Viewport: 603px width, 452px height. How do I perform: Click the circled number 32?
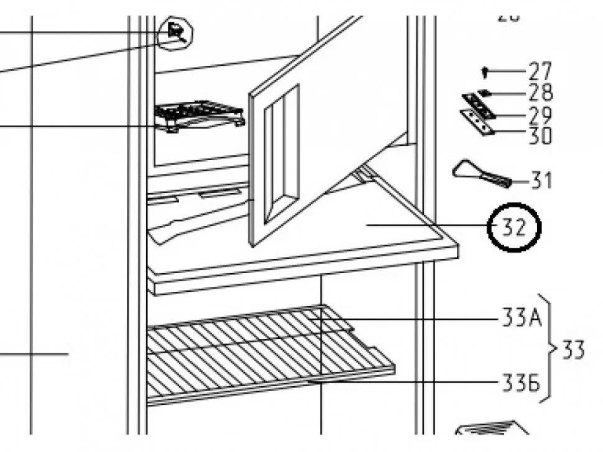(x=515, y=228)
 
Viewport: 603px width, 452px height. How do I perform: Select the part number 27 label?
(x=540, y=72)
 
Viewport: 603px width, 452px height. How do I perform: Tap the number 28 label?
(x=540, y=93)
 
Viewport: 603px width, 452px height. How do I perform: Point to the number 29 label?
(x=540, y=114)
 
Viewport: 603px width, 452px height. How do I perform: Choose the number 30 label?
(x=540, y=135)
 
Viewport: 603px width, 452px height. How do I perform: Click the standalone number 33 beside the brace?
(x=573, y=351)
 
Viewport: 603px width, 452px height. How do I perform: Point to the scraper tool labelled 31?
(x=480, y=174)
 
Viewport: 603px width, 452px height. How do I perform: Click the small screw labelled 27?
(x=486, y=73)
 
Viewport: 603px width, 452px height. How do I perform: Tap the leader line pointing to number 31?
(x=520, y=182)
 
